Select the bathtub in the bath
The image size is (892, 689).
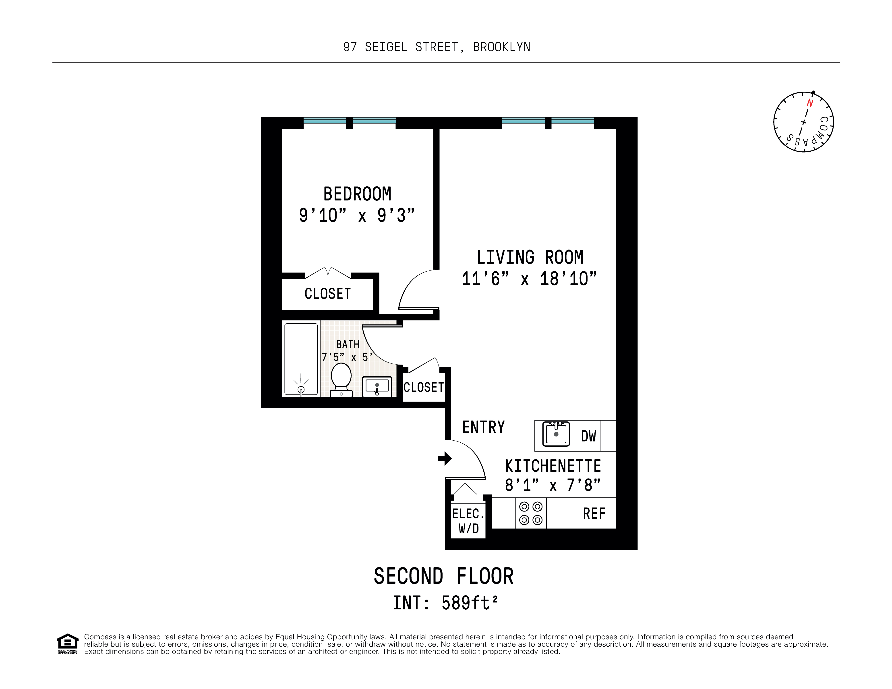[301, 359]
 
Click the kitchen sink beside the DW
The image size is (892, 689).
[556, 434]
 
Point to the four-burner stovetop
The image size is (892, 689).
[531, 513]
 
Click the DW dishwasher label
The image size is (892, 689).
[589, 436]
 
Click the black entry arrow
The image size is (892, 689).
[444, 458]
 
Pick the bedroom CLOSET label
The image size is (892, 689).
[327, 293]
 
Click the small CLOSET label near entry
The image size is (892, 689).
[424, 387]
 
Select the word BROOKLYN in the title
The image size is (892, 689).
[502, 47]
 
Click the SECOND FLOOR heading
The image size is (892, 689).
[444, 576]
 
